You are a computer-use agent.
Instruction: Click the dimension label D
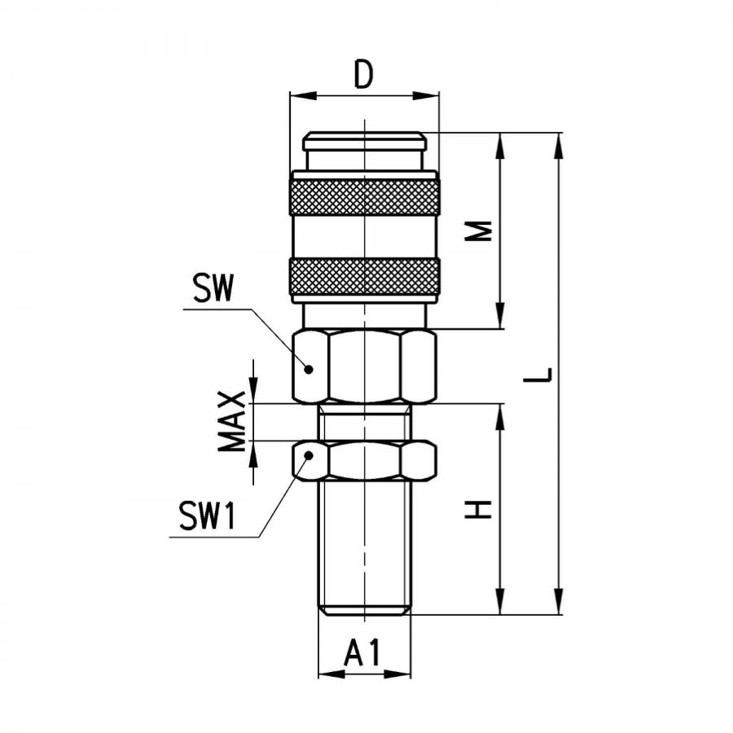[x=363, y=75]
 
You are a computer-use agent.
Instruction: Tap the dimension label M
[x=478, y=230]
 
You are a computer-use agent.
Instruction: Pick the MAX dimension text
[x=232, y=421]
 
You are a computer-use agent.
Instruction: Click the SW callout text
[x=213, y=289]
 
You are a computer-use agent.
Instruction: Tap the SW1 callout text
[x=207, y=516]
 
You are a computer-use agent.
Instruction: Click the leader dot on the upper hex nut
[x=309, y=369]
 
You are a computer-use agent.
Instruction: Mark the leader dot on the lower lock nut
[x=309, y=454]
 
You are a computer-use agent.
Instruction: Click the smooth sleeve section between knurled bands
[x=364, y=236]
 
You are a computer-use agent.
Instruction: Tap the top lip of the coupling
[x=364, y=141]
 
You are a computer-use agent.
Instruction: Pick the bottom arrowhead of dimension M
[x=500, y=315]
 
